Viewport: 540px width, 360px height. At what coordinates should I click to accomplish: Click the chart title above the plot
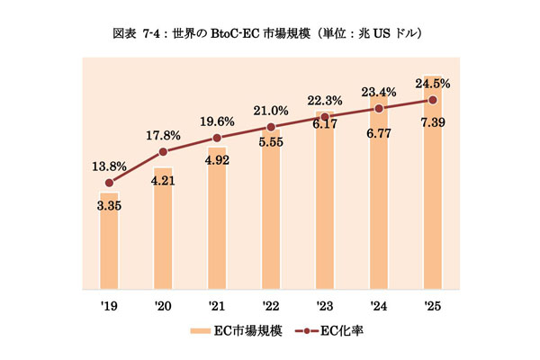(x=270, y=34)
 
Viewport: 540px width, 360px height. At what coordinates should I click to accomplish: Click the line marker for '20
(x=163, y=152)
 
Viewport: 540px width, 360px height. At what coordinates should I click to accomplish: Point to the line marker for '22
(x=271, y=127)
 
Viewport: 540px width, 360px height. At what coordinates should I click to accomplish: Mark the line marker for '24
(x=379, y=108)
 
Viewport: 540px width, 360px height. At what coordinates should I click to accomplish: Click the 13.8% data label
(x=109, y=166)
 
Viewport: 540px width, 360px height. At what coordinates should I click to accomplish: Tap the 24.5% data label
(x=434, y=84)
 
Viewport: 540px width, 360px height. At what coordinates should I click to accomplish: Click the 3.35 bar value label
(x=109, y=204)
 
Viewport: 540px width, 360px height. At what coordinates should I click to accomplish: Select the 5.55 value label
(x=271, y=142)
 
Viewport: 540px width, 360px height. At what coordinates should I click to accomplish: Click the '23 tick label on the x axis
(x=325, y=306)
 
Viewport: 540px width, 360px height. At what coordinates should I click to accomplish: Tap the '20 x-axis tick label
(x=163, y=306)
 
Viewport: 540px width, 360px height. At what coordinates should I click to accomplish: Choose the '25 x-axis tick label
(x=434, y=306)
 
